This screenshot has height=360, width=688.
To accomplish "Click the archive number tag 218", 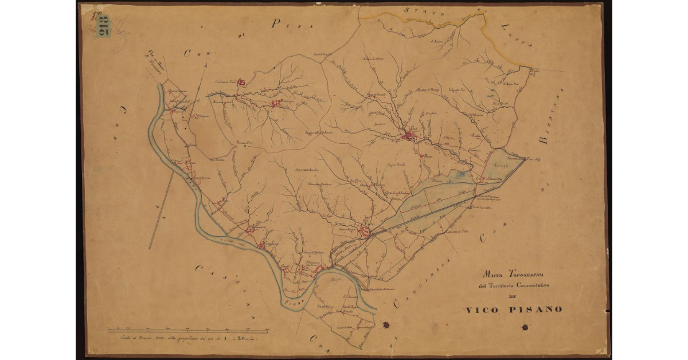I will [x=104, y=26].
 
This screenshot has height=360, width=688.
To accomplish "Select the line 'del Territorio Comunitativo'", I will [x=514, y=285].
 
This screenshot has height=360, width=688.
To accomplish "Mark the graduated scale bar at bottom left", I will [x=189, y=331].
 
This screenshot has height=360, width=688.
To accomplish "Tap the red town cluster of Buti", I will [x=409, y=135].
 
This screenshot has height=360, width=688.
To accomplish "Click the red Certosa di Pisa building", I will [x=242, y=83].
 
